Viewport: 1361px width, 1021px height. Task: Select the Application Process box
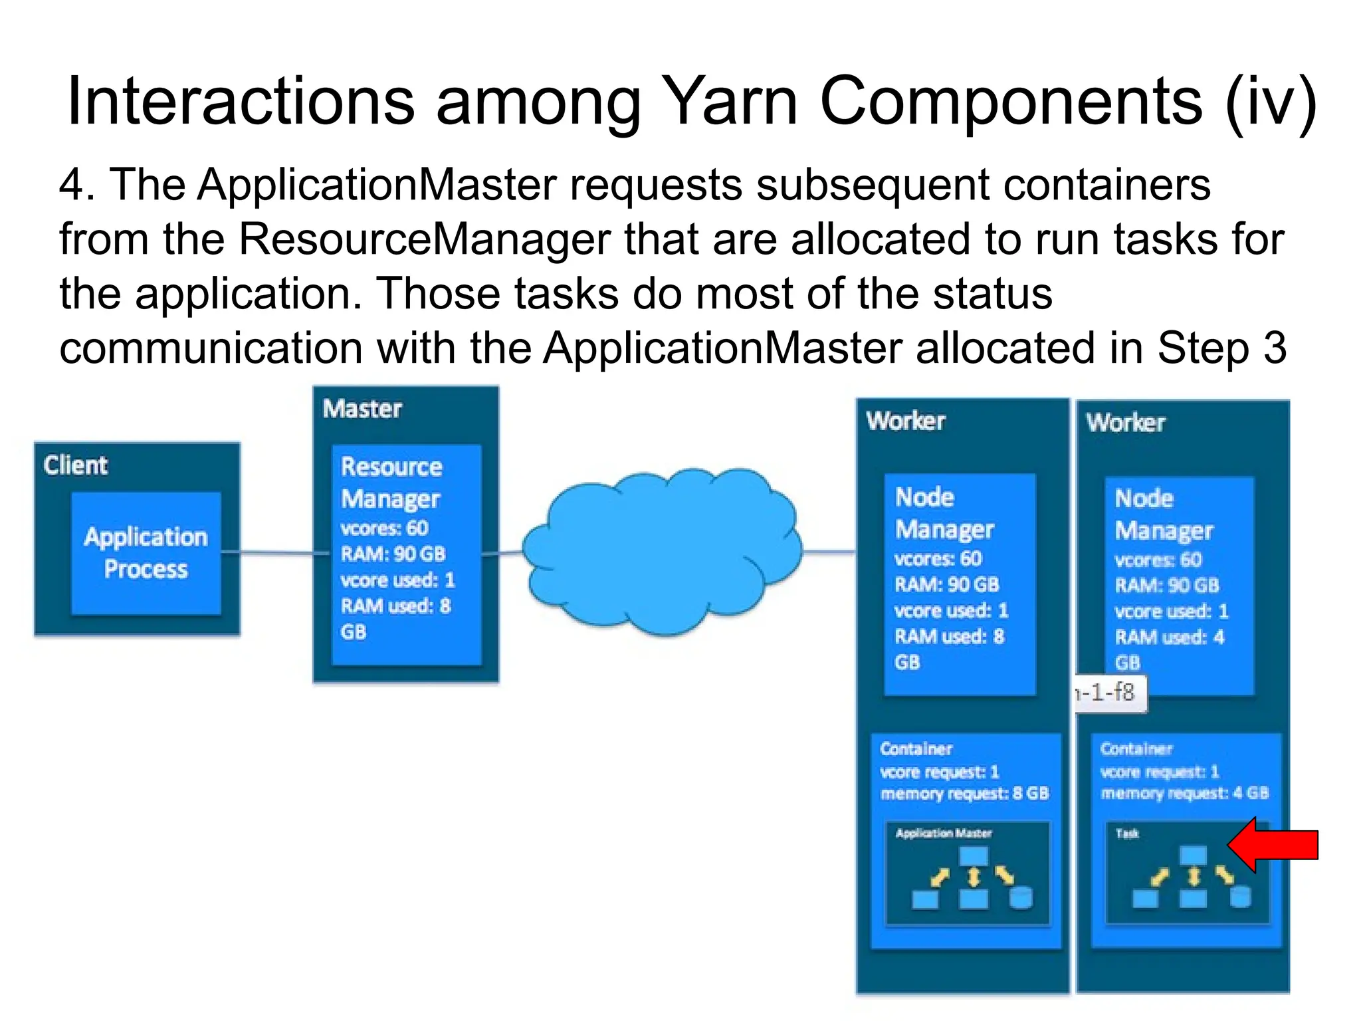pyautogui.click(x=146, y=553)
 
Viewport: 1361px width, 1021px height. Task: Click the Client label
pyautogui.click(x=75, y=465)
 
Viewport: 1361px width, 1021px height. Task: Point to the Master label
pyautogui.click(x=362, y=409)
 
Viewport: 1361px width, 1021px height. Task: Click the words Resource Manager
pyautogui.click(x=391, y=483)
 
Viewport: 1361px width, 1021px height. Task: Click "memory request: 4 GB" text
pyautogui.click(x=1184, y=793)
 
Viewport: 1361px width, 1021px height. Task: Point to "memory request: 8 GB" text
pyautogui.click(x=964, y=794)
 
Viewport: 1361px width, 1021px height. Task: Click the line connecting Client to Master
pyautogui.click(x=276, y=552)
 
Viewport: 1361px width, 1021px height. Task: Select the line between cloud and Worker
pyautogui.click(x=829, y=552)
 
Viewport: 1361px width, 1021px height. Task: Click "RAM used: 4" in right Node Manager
pyautogui.click(x=1169, y=637)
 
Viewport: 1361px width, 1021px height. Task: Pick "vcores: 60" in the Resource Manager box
pyautogui.click(x=384, y=528)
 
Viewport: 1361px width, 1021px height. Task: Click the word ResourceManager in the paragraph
pyautogui.click(x=424, y=239)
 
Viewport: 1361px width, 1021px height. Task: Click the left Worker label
pyautogui.click(x=905, y=421)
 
